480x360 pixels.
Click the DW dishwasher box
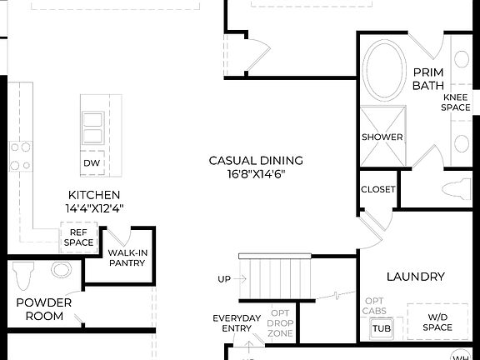92,162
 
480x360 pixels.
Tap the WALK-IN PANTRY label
127,257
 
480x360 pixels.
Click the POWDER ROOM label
43,310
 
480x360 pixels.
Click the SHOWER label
382,137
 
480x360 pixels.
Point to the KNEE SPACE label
455,102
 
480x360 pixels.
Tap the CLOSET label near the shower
377,189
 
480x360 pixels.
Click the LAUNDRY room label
415,276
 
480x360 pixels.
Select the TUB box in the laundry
380,328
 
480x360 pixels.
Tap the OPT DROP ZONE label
279,323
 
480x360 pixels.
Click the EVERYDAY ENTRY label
237,323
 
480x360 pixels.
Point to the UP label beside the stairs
223,279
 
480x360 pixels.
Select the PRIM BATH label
427,78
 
